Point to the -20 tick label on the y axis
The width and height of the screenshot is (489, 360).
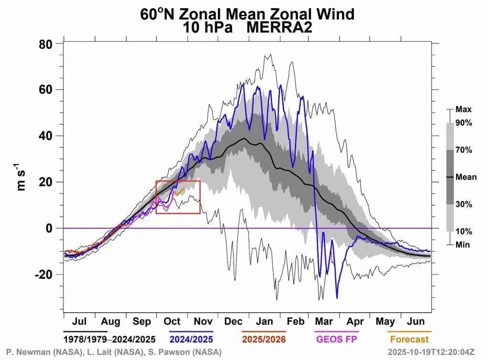click(x=44, y=275)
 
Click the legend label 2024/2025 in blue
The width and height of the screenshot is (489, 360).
click(x=191, y=340)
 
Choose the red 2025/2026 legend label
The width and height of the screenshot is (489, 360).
click(x=264, y=340)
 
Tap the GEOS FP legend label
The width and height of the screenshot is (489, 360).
click(x=336, y=340)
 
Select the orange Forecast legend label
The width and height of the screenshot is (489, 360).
click(x=409, y=340)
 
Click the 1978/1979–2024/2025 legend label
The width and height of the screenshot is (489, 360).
click(x=109, y=340)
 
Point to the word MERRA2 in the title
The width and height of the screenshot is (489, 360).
click(x=279, y=28)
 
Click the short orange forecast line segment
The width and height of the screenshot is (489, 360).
click(x=180, y=192)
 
